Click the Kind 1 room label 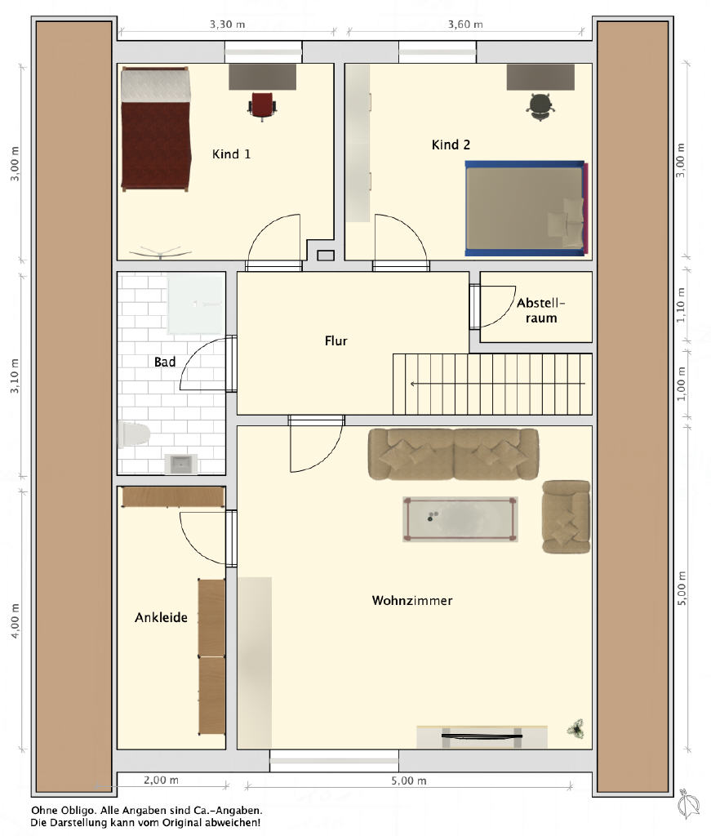point(231,154)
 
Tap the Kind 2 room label point(451,145)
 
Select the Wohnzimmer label point(412,600)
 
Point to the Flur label point(336,340)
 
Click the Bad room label point(165,362)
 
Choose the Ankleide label point(161,617)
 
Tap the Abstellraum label point(540,310)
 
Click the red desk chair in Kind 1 point(262,106)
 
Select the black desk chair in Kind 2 point(540,107)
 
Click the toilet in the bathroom point(133,434)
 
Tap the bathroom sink point(180,464)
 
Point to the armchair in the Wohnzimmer point(566,517)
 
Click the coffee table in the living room point(460,519)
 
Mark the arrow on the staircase point(497,384)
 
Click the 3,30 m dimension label point(227,24)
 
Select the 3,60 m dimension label point(465,24)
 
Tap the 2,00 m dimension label point(161,780)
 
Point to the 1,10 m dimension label point(681,305)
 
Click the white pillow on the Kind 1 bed point(156,85)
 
